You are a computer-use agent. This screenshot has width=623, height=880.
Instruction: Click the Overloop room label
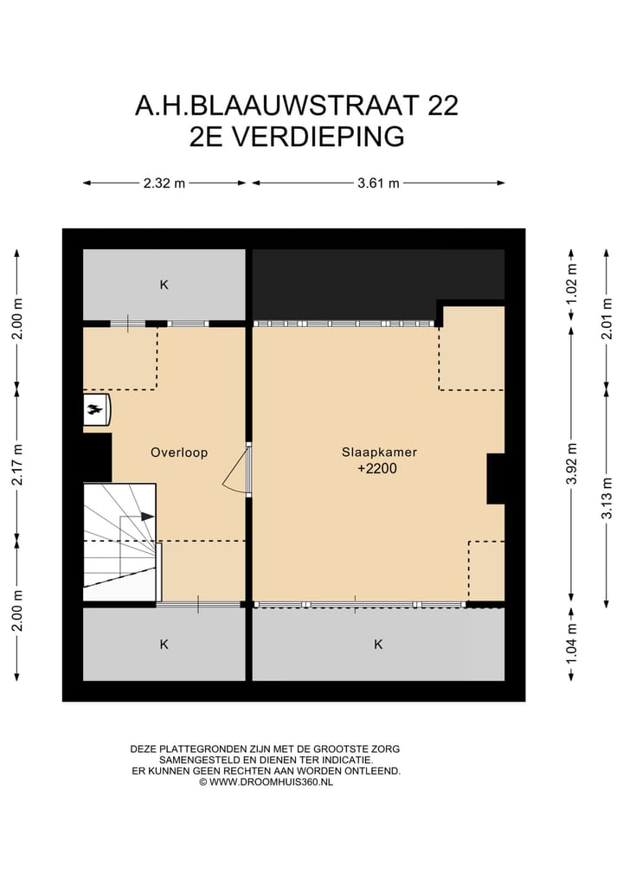click(x=178, y=453)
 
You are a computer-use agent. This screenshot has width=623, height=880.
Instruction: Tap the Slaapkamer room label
click(x=373, y=452)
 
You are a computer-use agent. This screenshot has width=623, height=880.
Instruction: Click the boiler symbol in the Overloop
click(x=96, y=409)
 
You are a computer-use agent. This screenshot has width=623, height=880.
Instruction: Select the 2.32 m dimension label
click(x=164, y=183)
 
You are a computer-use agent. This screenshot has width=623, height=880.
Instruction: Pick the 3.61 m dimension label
click(x=378, y=183)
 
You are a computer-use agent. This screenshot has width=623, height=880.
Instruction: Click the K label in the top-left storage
click(x=164, y=285)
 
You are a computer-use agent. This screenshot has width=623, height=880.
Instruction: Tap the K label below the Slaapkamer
click(x=378, y=645)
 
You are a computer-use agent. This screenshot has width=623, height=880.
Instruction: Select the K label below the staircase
click(x=164, y=645)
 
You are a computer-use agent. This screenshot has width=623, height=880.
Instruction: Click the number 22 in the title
click(x=440, y=106)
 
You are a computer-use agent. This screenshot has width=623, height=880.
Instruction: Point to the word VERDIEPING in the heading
click(x=322, y=137)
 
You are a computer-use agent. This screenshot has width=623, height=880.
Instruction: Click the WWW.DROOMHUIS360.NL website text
click(x=271, y=781)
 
